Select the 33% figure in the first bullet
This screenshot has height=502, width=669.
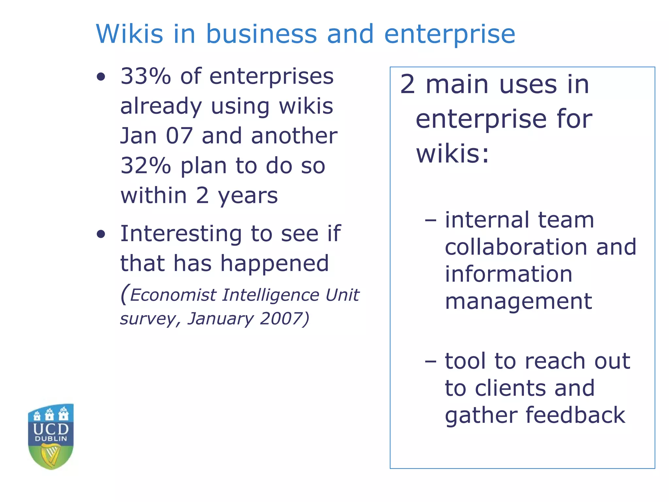point(146,76)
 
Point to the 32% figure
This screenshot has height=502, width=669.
point(146,166)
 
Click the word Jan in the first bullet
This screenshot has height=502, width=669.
point(139,136)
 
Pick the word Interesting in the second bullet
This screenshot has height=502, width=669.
point(181,234)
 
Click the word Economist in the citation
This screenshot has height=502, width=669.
point(173,295)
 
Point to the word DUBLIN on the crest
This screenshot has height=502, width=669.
point(51,439)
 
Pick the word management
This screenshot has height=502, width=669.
point(518,301)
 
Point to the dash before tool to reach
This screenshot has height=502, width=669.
point(431,362)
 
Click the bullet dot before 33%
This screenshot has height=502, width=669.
point(101,77)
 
